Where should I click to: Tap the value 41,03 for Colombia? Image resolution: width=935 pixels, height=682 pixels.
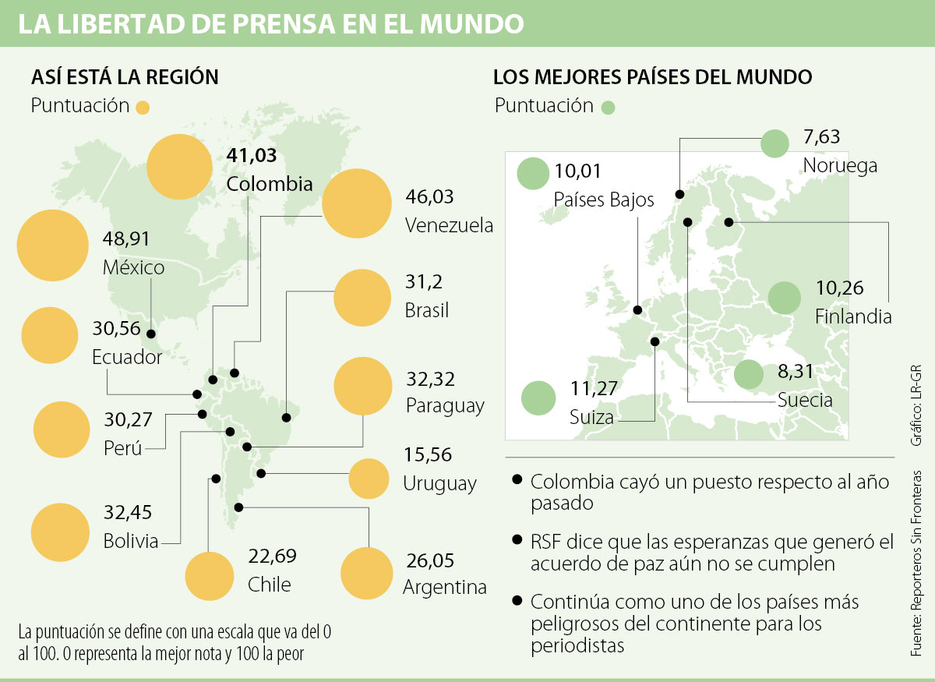251,155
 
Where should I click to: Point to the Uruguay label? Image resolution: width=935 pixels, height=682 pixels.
439,483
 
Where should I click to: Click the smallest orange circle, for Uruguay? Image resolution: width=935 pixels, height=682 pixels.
368,479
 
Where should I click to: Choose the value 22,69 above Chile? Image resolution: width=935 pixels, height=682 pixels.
273,557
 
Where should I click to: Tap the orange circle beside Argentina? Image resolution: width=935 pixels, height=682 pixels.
366,574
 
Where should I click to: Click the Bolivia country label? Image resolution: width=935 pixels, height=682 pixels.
131,540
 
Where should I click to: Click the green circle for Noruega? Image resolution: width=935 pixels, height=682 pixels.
775,143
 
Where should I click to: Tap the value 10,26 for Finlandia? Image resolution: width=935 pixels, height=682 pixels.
840,288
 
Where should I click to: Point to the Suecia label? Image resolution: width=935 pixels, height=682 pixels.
805,401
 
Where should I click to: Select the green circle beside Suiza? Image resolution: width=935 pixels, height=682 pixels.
538,398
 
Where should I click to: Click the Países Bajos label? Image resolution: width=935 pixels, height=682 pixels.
604,200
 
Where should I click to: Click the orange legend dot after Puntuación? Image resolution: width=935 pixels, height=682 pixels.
143,108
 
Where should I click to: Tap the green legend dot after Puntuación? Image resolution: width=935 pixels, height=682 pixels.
609,108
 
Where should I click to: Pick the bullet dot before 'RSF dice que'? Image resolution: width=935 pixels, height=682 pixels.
517,539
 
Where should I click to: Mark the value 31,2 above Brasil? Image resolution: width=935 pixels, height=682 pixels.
424,281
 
